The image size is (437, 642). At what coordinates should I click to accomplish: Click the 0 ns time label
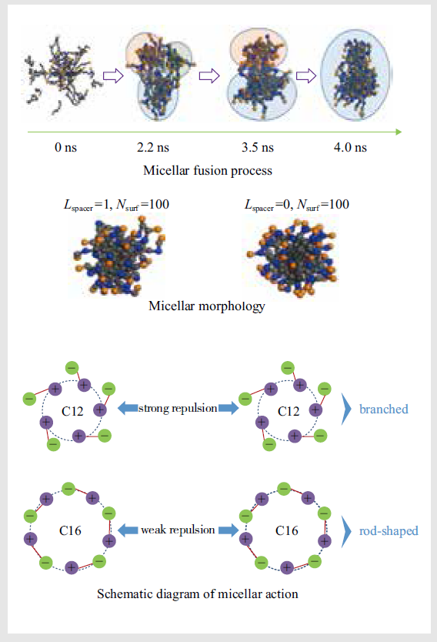[x=66, y=147]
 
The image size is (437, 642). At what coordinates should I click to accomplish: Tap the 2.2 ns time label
[x=153, y=147]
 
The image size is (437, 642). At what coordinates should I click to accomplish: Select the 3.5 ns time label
[x=258, y=147]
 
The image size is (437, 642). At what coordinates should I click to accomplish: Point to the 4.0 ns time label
[x=350, y=147]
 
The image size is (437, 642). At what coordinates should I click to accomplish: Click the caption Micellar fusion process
[x=208, y=170]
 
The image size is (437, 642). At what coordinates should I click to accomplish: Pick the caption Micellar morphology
[x=207, y=306]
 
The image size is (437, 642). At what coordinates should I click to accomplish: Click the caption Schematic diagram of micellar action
[x=197, y=594]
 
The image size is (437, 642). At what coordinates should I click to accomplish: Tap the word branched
[x=383, y=409]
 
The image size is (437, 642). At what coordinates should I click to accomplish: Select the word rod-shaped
[x=389, y=531]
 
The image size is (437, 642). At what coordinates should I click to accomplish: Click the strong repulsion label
[x=178, y=408]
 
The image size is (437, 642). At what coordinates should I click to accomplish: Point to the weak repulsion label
[x=178, y=530]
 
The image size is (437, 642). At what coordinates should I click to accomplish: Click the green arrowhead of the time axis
[x=399, y=132]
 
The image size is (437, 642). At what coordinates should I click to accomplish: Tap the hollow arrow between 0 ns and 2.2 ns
[x=113, y=75]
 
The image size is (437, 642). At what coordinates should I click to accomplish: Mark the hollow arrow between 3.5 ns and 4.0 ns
[x=306, y=75]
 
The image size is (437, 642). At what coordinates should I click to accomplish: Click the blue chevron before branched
[x=346, y=409]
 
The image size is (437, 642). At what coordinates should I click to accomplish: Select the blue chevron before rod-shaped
[x=346, y=531]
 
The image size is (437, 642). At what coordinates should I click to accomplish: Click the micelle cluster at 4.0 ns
[x=356, y=75]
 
